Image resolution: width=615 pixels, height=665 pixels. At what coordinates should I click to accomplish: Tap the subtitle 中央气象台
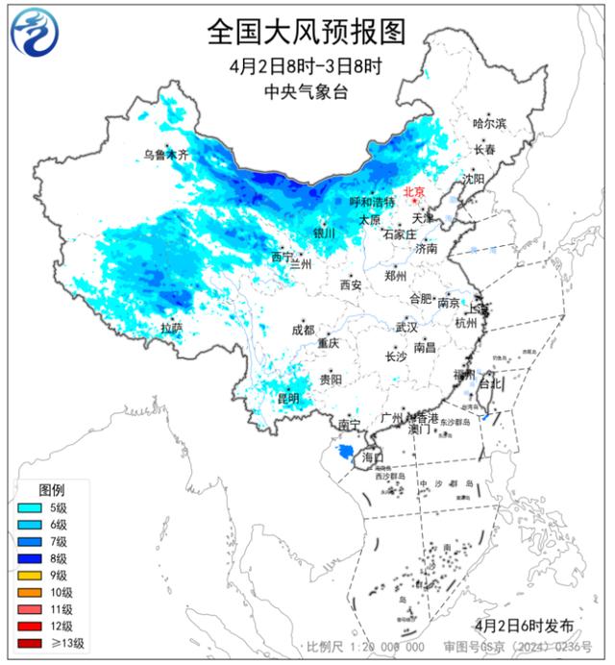click(307, 92)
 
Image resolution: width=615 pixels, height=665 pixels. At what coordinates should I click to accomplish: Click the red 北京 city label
click(414, 191)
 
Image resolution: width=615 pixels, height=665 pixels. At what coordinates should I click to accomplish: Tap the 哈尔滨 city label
click(488, 123)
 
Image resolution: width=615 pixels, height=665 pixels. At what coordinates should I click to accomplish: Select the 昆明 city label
click(287, 397)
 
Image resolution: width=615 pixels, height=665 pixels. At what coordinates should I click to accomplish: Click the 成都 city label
click(303, 330)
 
